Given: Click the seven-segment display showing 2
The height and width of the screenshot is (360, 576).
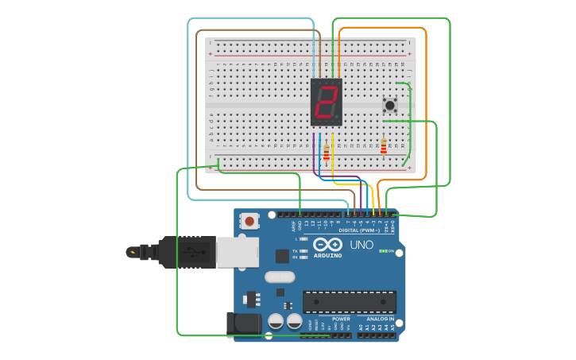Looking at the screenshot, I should [x=326, y=103].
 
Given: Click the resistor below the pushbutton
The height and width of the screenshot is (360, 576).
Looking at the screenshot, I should [x=384, y=147].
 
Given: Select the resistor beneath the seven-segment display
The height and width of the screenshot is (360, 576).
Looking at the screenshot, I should [x=326, y=152].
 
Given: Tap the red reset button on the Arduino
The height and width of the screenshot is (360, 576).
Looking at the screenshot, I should [x=249, y=221].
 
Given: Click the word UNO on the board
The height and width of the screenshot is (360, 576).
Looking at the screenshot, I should [x=361, y=245].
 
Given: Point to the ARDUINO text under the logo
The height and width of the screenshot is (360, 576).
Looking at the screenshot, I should [x=327, y=255].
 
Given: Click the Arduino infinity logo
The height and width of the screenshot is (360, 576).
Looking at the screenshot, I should [x=327, y=244].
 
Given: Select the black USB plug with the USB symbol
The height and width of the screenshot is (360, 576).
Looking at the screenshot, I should [x=187, y=252].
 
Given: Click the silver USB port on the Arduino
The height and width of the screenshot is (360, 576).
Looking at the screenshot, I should [x=238, y=252].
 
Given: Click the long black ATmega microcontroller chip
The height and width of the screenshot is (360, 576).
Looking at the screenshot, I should [x=349, y=302].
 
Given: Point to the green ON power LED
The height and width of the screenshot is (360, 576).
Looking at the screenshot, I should [x=384, y=251].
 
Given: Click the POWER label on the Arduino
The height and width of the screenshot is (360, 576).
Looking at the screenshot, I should [x=341, y=319].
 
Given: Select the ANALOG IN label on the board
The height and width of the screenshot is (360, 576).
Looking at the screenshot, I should [x=380, y=319].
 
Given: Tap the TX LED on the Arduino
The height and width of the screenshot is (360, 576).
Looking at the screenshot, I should [x=303, y=250].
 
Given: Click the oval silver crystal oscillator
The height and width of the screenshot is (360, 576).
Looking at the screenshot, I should [x=279, y=277].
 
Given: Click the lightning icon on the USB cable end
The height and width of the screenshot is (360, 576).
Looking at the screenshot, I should [x=132, y=252].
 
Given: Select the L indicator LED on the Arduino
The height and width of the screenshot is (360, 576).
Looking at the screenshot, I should [x=303, y=238].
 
